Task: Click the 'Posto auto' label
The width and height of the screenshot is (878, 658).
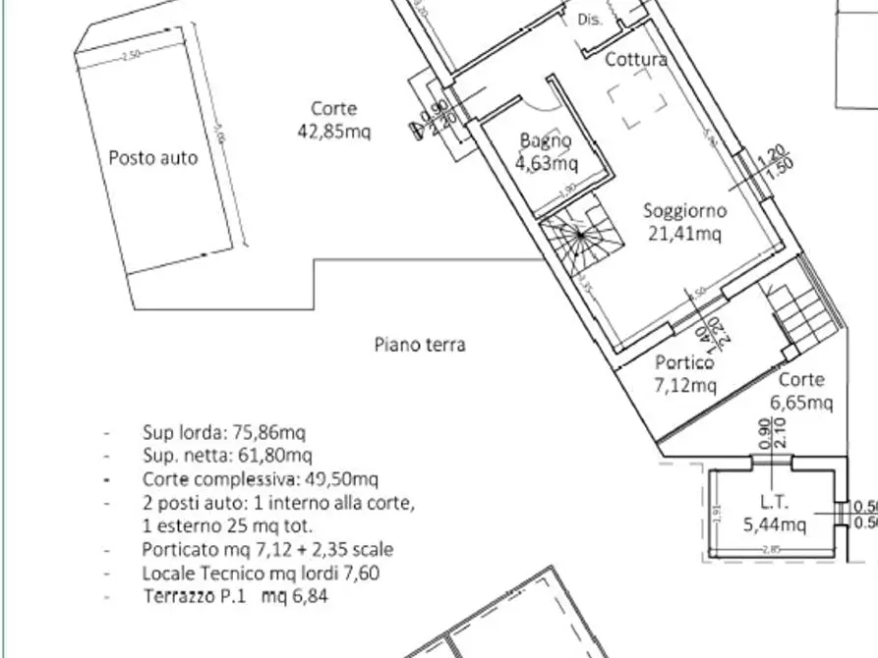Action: coord(152,157)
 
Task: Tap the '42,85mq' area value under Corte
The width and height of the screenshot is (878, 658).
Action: coord(333,131)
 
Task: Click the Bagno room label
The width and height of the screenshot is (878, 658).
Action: coord(546,140)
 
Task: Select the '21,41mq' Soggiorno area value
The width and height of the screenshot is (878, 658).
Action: coord(684,233)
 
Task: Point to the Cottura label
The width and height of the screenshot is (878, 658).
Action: coord(635,59)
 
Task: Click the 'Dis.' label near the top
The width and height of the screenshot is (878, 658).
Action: coord(589,19)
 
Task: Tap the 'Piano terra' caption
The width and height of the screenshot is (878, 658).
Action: coord(420,344)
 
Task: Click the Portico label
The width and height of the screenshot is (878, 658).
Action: coord(684,362)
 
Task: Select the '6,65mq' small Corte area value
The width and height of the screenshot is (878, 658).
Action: coord(801,402)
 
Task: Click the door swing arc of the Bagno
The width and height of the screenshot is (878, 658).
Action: coord(536,108)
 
